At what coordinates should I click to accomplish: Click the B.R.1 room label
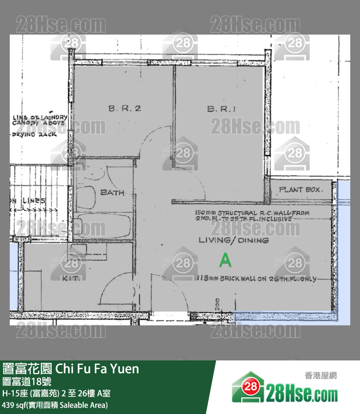(221, 109)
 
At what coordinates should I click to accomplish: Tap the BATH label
(112, 192)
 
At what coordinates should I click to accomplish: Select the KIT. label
(71, 278)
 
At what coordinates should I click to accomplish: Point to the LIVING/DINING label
(234, 241)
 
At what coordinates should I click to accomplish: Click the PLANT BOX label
(300, 189)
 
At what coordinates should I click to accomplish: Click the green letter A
(225, 261)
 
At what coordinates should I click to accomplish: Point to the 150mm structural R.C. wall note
(252, 216)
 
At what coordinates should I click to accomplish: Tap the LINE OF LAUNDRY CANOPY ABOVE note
(39, 120)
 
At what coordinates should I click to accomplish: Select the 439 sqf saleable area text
(55, 405)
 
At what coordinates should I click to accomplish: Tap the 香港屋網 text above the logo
(321, 376)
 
